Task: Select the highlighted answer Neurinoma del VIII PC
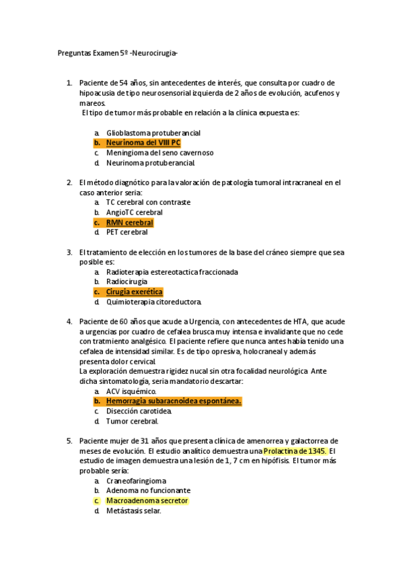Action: tap(143, 143)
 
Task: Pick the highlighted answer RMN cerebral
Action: tap(129, 222)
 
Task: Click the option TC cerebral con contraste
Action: tap(148, 202)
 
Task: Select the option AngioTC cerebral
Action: tap(134, 212)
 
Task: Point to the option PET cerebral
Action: tap(126, 232)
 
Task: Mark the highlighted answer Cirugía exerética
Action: tap(135, 292)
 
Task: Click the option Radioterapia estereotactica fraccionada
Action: tap(172, 272)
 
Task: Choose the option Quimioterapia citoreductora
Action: tap(153, 302)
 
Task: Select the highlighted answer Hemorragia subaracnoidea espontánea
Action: tap(174, 401)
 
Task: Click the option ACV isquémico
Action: tap(131, 391)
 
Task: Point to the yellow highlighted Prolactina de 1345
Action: tap(295, 451)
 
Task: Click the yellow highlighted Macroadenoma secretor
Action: tap(147, 501)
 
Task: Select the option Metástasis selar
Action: tap(133, 511)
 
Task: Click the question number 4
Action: tap(69, 322)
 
